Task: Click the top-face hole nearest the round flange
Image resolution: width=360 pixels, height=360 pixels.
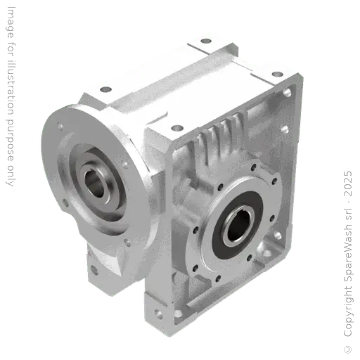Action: [106, 91]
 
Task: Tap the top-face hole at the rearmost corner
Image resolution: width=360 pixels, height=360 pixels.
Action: [205, 40]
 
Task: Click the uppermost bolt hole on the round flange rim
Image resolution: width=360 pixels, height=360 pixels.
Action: [61, 127]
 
